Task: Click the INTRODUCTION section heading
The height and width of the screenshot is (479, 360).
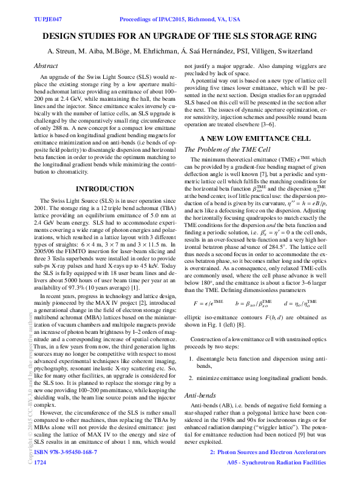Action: pyautogui.click(x=104, y=189)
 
